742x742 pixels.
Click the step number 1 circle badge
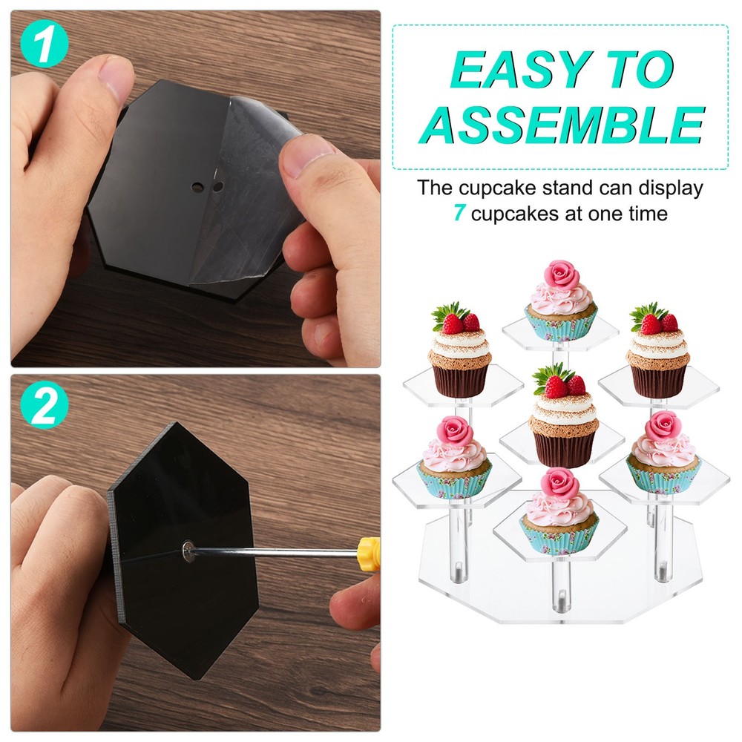(x=45, y=45)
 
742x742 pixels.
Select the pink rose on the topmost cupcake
(x=562, y=275)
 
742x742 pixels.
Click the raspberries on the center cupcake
(x=565, y=385)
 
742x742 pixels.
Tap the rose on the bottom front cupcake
(x=560, y=483)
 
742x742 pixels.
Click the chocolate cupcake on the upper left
(x=460, y=356)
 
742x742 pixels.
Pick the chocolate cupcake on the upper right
(x=657, y=356)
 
